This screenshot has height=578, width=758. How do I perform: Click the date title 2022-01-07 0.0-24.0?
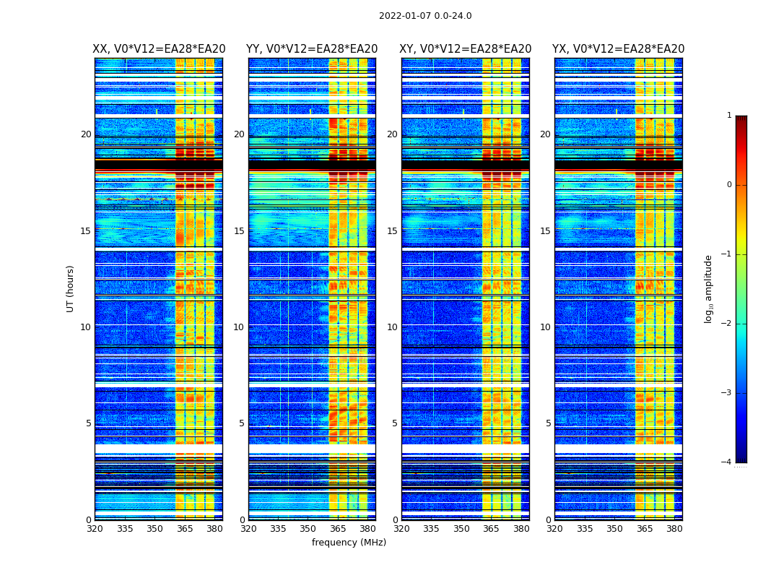pyautogui.click(x=425, y=16)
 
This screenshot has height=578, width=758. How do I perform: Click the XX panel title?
pyautogui.click(x=159, y=49)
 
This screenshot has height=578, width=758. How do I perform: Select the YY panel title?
pyautogui.click(x=312, y=49)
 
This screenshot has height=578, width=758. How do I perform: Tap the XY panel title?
pyautogui.click(x=466, y=49)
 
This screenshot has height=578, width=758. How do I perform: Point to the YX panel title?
pyautogui.click(x=619, y=49)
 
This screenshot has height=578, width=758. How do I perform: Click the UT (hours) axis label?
pyautogui.click(x=71, y=288)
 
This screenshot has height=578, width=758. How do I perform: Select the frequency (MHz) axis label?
pyautogui.click(x=349, y=543)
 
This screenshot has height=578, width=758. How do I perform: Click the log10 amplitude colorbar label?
pyautogui.click(x=709, y=288)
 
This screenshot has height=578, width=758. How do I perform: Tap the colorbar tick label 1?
pyautogui.click(x=729, y=116)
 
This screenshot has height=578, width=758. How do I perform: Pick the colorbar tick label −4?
pyautogui.click(x=727, y=462)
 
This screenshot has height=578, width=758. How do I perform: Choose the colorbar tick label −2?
pyautogui.click(x=727, y=324)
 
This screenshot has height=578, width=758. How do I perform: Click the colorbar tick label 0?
pyautogui.click(x=729, y=185)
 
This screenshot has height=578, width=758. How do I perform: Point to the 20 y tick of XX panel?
pyautogui.click(x=86, y=134)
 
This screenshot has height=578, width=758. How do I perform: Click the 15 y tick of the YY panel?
pyautogui.click(x=239, y=231)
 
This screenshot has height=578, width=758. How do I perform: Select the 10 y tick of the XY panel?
pyautogui.click(x=392, y=327)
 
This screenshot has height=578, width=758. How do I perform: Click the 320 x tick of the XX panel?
pyautogui.click(x=95, y=529)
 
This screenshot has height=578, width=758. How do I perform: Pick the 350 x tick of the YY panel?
pyautogui.click(x=308, y=529)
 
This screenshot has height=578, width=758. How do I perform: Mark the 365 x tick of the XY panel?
pyautogui.click(x=491, y=529)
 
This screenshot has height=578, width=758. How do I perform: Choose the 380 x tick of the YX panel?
pyautogui.click(x=674, y=529)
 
